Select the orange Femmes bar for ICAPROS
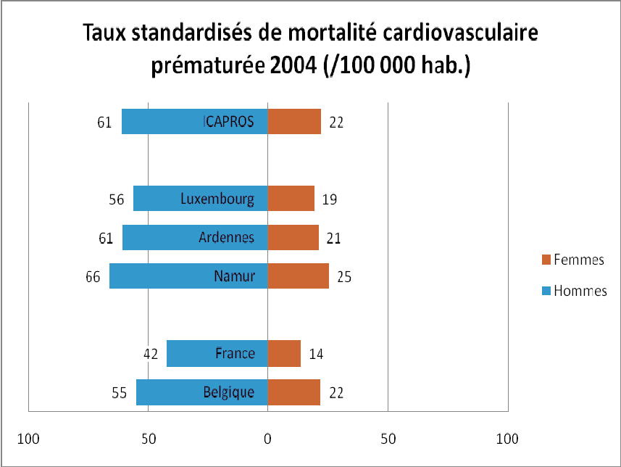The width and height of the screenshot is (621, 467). (x=294, y=122)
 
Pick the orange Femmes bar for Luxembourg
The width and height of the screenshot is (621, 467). (x=291, y=199)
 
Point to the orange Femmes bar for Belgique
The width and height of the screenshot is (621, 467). (x=294, y=392)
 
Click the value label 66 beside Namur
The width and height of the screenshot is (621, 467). (x=93, y=276)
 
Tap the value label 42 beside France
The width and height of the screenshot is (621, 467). (x=151, y=355)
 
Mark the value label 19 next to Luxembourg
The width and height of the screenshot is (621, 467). (x=329, y=199)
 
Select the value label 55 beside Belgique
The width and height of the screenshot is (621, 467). (x=120, y=393)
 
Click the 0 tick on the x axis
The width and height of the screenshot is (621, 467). (x=267, y=438)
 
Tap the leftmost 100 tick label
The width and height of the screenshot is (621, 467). (x=28, y=438)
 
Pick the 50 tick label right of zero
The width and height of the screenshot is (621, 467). (x=388, y=438)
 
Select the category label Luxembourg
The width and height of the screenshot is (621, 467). (x=217, y=199)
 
